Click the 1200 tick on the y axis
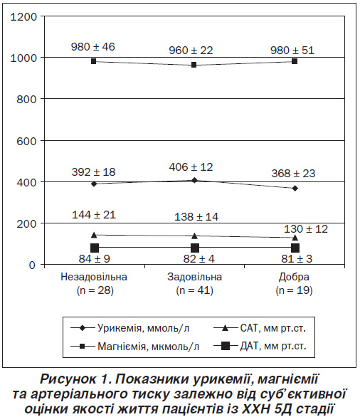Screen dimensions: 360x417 click(23, 17)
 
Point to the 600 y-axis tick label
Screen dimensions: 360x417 click(26, 141)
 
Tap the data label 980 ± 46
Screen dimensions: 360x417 click(92, 47)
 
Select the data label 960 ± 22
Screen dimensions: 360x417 click(191, 51)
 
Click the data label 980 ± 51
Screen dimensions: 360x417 click(292, 51)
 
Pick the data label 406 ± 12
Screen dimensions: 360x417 click(191, 167)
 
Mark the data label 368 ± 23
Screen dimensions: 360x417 click(293, 174)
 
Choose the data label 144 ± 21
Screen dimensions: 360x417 click(94, 215)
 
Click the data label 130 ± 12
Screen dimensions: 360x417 click(306, 229)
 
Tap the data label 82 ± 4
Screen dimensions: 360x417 click(199, 259)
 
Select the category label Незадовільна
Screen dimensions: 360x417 click(94, 277)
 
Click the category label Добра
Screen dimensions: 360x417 click(294, 277)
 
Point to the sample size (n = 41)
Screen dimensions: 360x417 click(195, 290)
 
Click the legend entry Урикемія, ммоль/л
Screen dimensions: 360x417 click(130, 328)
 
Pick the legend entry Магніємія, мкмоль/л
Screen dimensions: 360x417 click(135, 347)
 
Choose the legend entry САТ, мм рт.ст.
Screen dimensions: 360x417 click(260, 328)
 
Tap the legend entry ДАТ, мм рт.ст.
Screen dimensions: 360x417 click(260, 346)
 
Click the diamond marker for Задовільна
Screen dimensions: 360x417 click(194, 180)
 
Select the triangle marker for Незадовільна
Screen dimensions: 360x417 click(94, 235)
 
